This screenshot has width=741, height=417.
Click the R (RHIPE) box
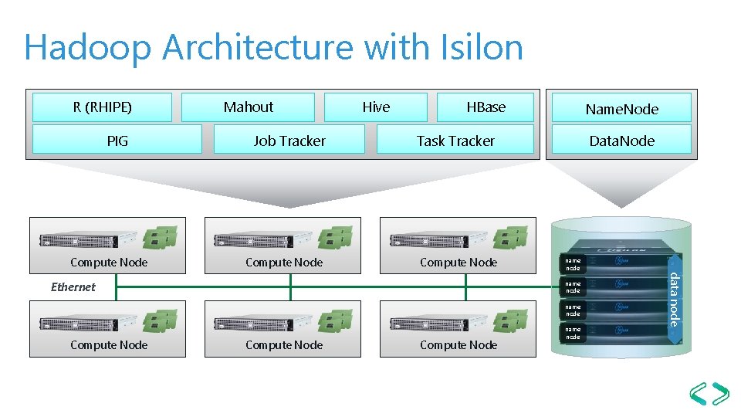tap(102, 107)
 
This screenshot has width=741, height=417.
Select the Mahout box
tap(248, 107)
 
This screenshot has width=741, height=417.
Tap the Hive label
tap(376, 107)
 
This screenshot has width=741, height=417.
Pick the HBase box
tap(486, 107)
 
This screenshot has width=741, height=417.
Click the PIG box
tap(117, 141)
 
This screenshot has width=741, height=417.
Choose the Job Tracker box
tap(289, 141)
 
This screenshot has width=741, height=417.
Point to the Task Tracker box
tap(455, 141)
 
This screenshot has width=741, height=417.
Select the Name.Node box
tap(621, 109)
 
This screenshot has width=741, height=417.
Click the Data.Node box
tap(621, 141)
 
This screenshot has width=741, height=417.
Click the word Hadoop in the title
tap(87, 48)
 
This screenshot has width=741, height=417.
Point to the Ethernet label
tap(73, 287)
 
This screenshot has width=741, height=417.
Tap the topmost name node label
tap(573, 264)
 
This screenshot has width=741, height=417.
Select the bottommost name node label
tap(573, 333)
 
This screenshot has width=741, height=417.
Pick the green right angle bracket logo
tap(721, 394)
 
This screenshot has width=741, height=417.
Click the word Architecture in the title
tap(259, 48)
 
